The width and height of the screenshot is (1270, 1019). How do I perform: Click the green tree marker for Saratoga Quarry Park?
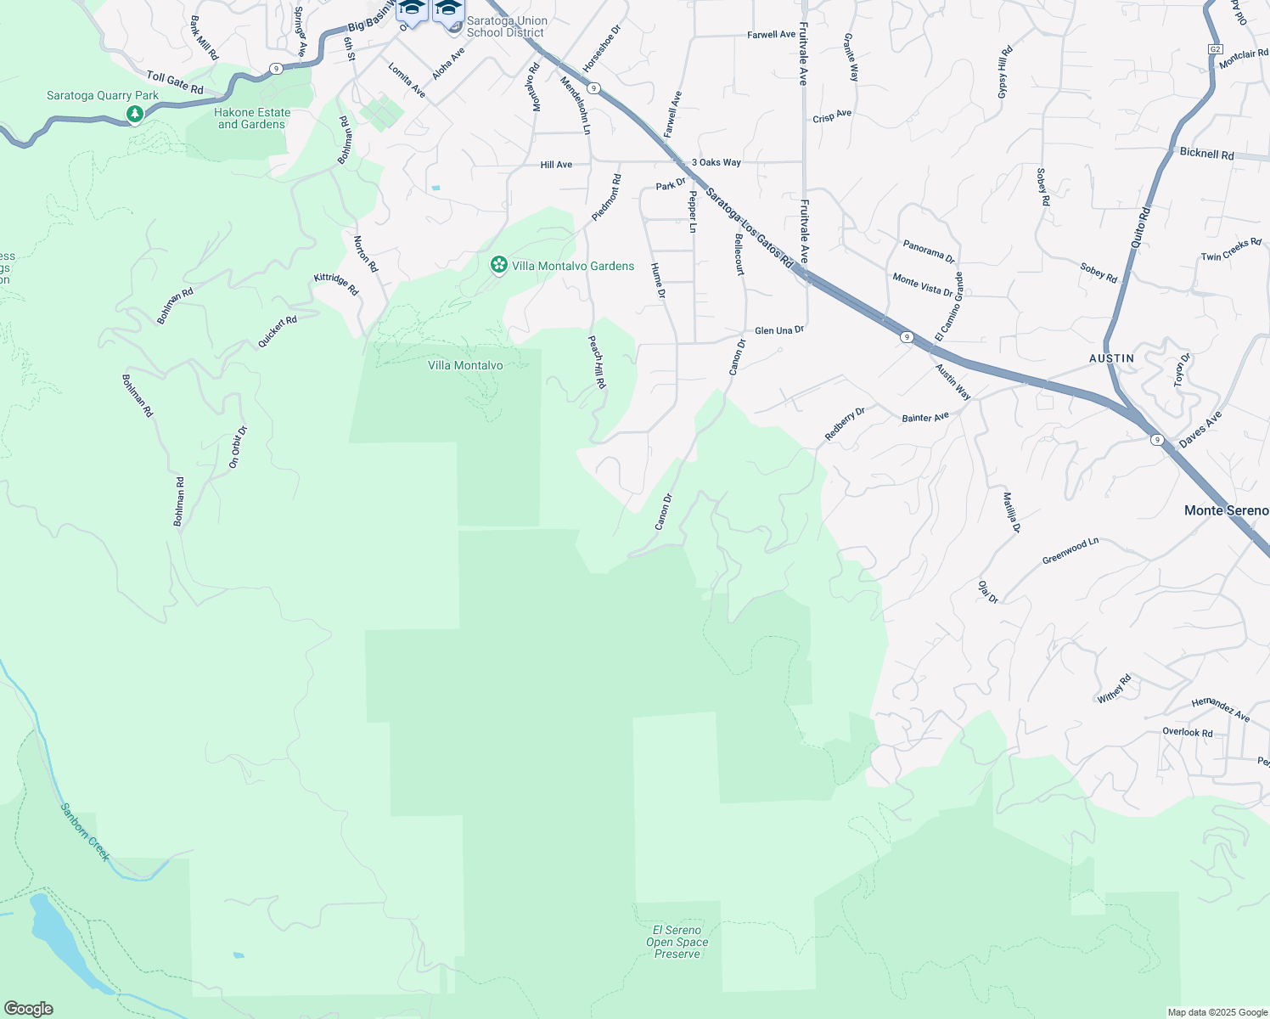134,114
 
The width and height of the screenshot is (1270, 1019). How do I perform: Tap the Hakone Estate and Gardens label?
252,118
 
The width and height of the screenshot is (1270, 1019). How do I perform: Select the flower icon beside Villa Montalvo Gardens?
499,266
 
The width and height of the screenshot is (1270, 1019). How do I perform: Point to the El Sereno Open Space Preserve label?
677,942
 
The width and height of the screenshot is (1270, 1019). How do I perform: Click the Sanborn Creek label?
85,832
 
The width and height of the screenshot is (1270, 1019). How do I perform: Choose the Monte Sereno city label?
1226,510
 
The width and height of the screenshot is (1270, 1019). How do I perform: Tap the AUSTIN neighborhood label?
1111,358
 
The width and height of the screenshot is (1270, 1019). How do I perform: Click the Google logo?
28,1009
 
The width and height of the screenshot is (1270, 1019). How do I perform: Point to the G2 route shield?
1215,49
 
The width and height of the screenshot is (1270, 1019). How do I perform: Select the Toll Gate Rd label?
175,82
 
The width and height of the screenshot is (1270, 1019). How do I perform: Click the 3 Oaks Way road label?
716,162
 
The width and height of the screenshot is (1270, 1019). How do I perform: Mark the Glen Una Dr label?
778,330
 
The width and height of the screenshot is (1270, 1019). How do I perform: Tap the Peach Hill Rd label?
598,362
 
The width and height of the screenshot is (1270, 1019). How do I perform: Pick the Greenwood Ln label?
1071,550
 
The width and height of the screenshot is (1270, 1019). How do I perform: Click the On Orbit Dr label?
238,447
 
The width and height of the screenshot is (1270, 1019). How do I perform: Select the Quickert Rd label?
278,332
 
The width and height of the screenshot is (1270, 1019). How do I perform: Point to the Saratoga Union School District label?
507,27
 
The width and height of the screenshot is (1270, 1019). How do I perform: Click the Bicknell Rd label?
1206,154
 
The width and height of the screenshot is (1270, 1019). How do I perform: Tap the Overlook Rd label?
1187,732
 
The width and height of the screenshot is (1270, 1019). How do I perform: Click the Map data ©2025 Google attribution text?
1217,1012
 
